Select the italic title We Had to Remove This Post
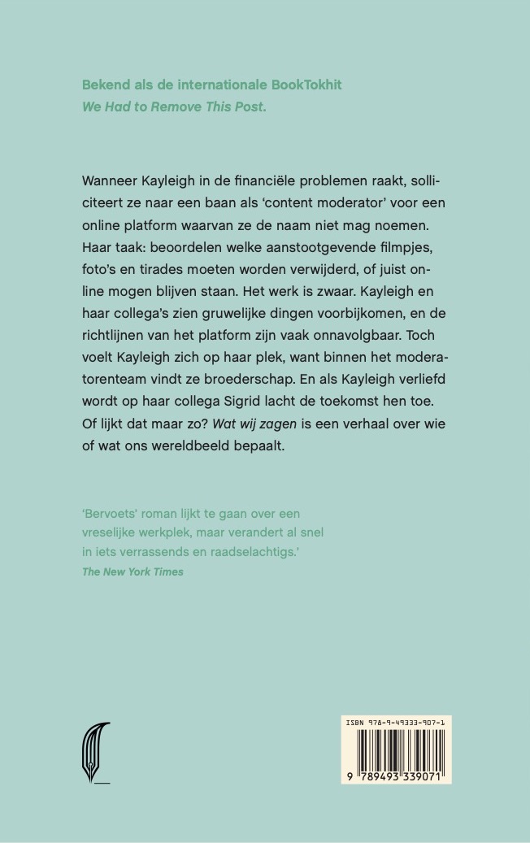click(173, 106)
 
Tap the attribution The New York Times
click(132, 571)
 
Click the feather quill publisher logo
click(95, 753)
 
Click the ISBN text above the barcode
click(396, 721)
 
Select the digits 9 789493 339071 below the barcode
click(396, 776)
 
